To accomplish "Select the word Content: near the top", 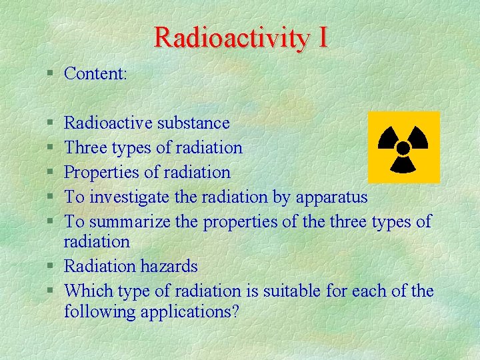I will pos(95,73).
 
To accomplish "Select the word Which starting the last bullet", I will pos(87,291).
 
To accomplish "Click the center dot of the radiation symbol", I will pos(403,148).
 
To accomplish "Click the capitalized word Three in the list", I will pos(84,147).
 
